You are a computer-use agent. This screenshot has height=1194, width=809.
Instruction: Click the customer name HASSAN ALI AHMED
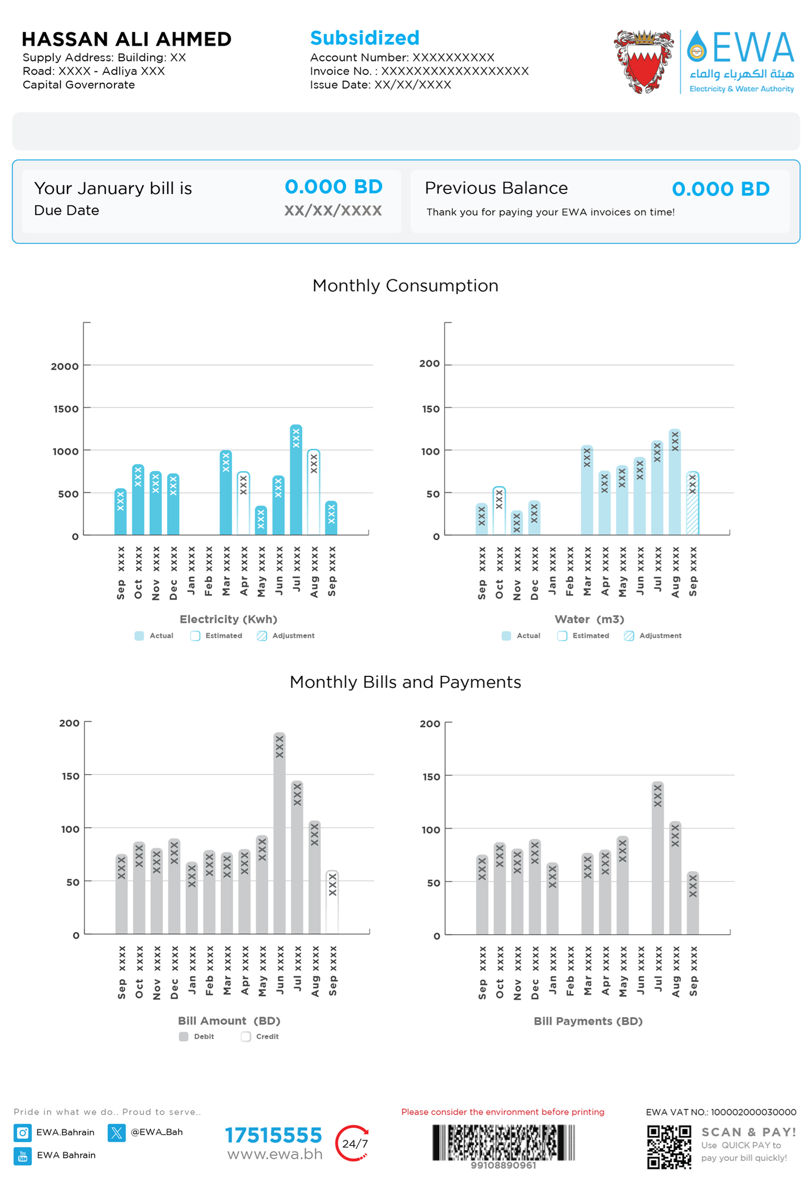click(x=126, y=39)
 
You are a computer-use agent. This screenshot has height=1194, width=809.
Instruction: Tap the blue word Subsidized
click(x=365, y=38)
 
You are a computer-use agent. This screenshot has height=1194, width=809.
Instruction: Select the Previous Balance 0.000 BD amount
click(x=720, y=188)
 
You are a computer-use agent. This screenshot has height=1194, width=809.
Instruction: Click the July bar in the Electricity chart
click(x=296, y=480)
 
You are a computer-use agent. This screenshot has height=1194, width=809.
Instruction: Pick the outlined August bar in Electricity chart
click(x=314, y=492)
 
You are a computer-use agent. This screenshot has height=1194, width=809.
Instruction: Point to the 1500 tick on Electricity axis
click(x=66, y=409)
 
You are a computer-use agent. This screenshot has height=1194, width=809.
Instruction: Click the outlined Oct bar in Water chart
click(x=499, y=511)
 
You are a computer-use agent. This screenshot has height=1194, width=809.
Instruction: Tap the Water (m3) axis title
click(x=589, y=619)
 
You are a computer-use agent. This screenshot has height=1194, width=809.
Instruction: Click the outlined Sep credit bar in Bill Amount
click(x=332, y=902)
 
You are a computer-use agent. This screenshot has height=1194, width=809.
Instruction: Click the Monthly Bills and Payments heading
click(x=405, y=682)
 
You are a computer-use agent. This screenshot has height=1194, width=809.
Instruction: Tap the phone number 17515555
click(x=273, y=1135)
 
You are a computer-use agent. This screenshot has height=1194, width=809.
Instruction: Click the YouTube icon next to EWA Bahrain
click(x=23, y=1155)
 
